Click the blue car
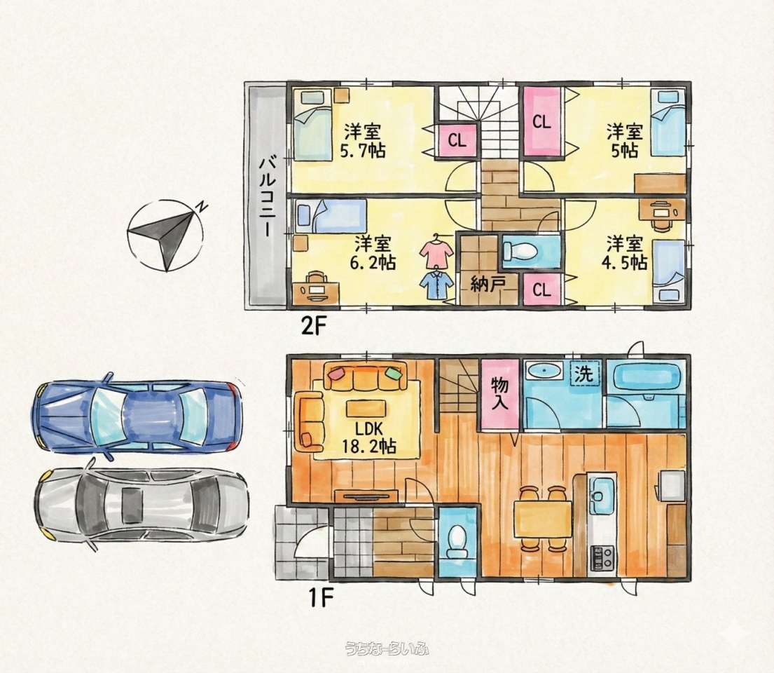pyautogui.click(x=137, y=416)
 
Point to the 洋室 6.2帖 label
pyautogui.click(x=373, y=252)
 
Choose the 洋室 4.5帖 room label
pyautogui.click(x=624, y=252)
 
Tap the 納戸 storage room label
pyautogui.click(x=486, y=285)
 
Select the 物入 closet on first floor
pyautogui.click(x=499, y=393)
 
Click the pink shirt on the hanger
pyautogui.click(x=436, y=251)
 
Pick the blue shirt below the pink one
pyautogui.click(x=436, y=285)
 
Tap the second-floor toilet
pyautogui.click(x=520, y=252)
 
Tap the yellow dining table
pyautogui.click(x=542, y=518)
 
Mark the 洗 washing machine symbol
pyautogui.click(x=585, y=374)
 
